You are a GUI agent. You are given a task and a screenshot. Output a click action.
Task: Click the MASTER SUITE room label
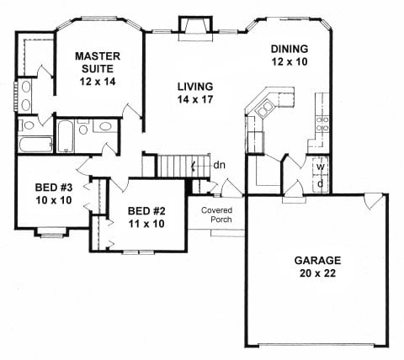(x=98, y=69)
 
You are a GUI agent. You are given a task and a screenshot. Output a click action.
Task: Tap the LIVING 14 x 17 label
(x=195, y=93)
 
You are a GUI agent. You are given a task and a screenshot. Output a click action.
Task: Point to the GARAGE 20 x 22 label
(x=317, y=267)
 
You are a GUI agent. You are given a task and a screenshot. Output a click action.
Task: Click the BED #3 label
(x=54, y=193)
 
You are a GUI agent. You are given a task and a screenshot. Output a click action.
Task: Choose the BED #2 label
(x=146, y=217)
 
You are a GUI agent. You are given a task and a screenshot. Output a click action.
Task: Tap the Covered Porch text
(x=217, y=214)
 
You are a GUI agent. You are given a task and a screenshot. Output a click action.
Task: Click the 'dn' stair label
(x=219, y=166)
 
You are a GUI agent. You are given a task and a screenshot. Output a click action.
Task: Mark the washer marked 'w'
(x=321, y=167)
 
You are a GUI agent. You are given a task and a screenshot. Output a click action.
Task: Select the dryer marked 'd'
(x=321, y=183)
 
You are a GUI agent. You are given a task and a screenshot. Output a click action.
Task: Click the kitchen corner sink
(x=265, y=109)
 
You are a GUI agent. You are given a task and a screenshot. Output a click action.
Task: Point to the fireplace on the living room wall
(x=196, y=29)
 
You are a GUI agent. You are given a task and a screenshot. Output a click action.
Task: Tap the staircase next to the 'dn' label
(x=183, y=166)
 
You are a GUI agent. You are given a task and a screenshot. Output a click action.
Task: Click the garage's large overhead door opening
(x=318, y=345)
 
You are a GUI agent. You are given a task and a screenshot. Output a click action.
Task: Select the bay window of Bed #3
(x=51, y=233)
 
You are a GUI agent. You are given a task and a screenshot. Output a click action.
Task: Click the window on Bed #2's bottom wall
(x=140, y=252)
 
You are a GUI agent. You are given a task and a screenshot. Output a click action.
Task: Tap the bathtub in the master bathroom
(x=36, y=145)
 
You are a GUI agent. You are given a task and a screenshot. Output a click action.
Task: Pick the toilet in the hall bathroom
(x=83, y=127)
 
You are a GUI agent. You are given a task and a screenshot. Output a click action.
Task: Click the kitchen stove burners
(x=322, y=124)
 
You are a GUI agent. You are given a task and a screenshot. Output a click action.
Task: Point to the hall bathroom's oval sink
(x=105, y=126)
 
